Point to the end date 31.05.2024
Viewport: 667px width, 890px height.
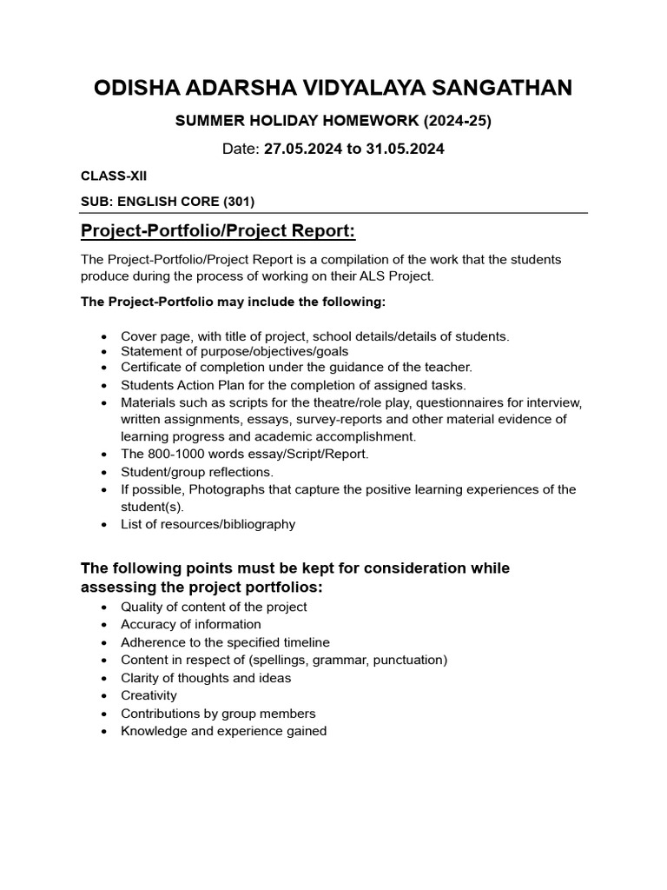pyautogui.click(x=406, y=149)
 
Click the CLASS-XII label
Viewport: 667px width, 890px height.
pyautogui.click(x=114, y=176)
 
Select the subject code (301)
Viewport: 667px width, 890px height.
pyautogui.click(x=239, y=202)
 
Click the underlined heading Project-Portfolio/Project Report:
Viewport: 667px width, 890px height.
pyautogui.click(x=218, y=231)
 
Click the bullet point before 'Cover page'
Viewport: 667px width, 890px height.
pyautogui.click(x=104, y=336)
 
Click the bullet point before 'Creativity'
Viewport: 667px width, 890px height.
pyautogui.click(x=104, y=696)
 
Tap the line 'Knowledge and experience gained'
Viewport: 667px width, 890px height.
pyautogui.click(x=223, y=731)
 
